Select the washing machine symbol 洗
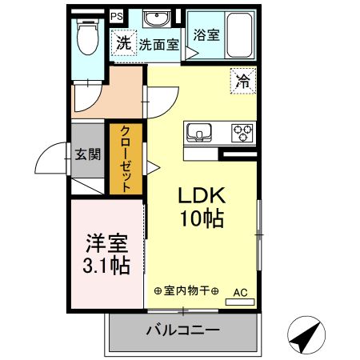click(122, 44)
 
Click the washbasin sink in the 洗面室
click(155, 19)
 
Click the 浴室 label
click(207, 34)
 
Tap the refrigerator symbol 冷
click(243, 80)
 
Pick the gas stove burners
click(242, 131)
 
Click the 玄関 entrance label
click(87, 154)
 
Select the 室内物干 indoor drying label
click(186, 290)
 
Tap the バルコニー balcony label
click(182, 330)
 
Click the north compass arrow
click(306, 336)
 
